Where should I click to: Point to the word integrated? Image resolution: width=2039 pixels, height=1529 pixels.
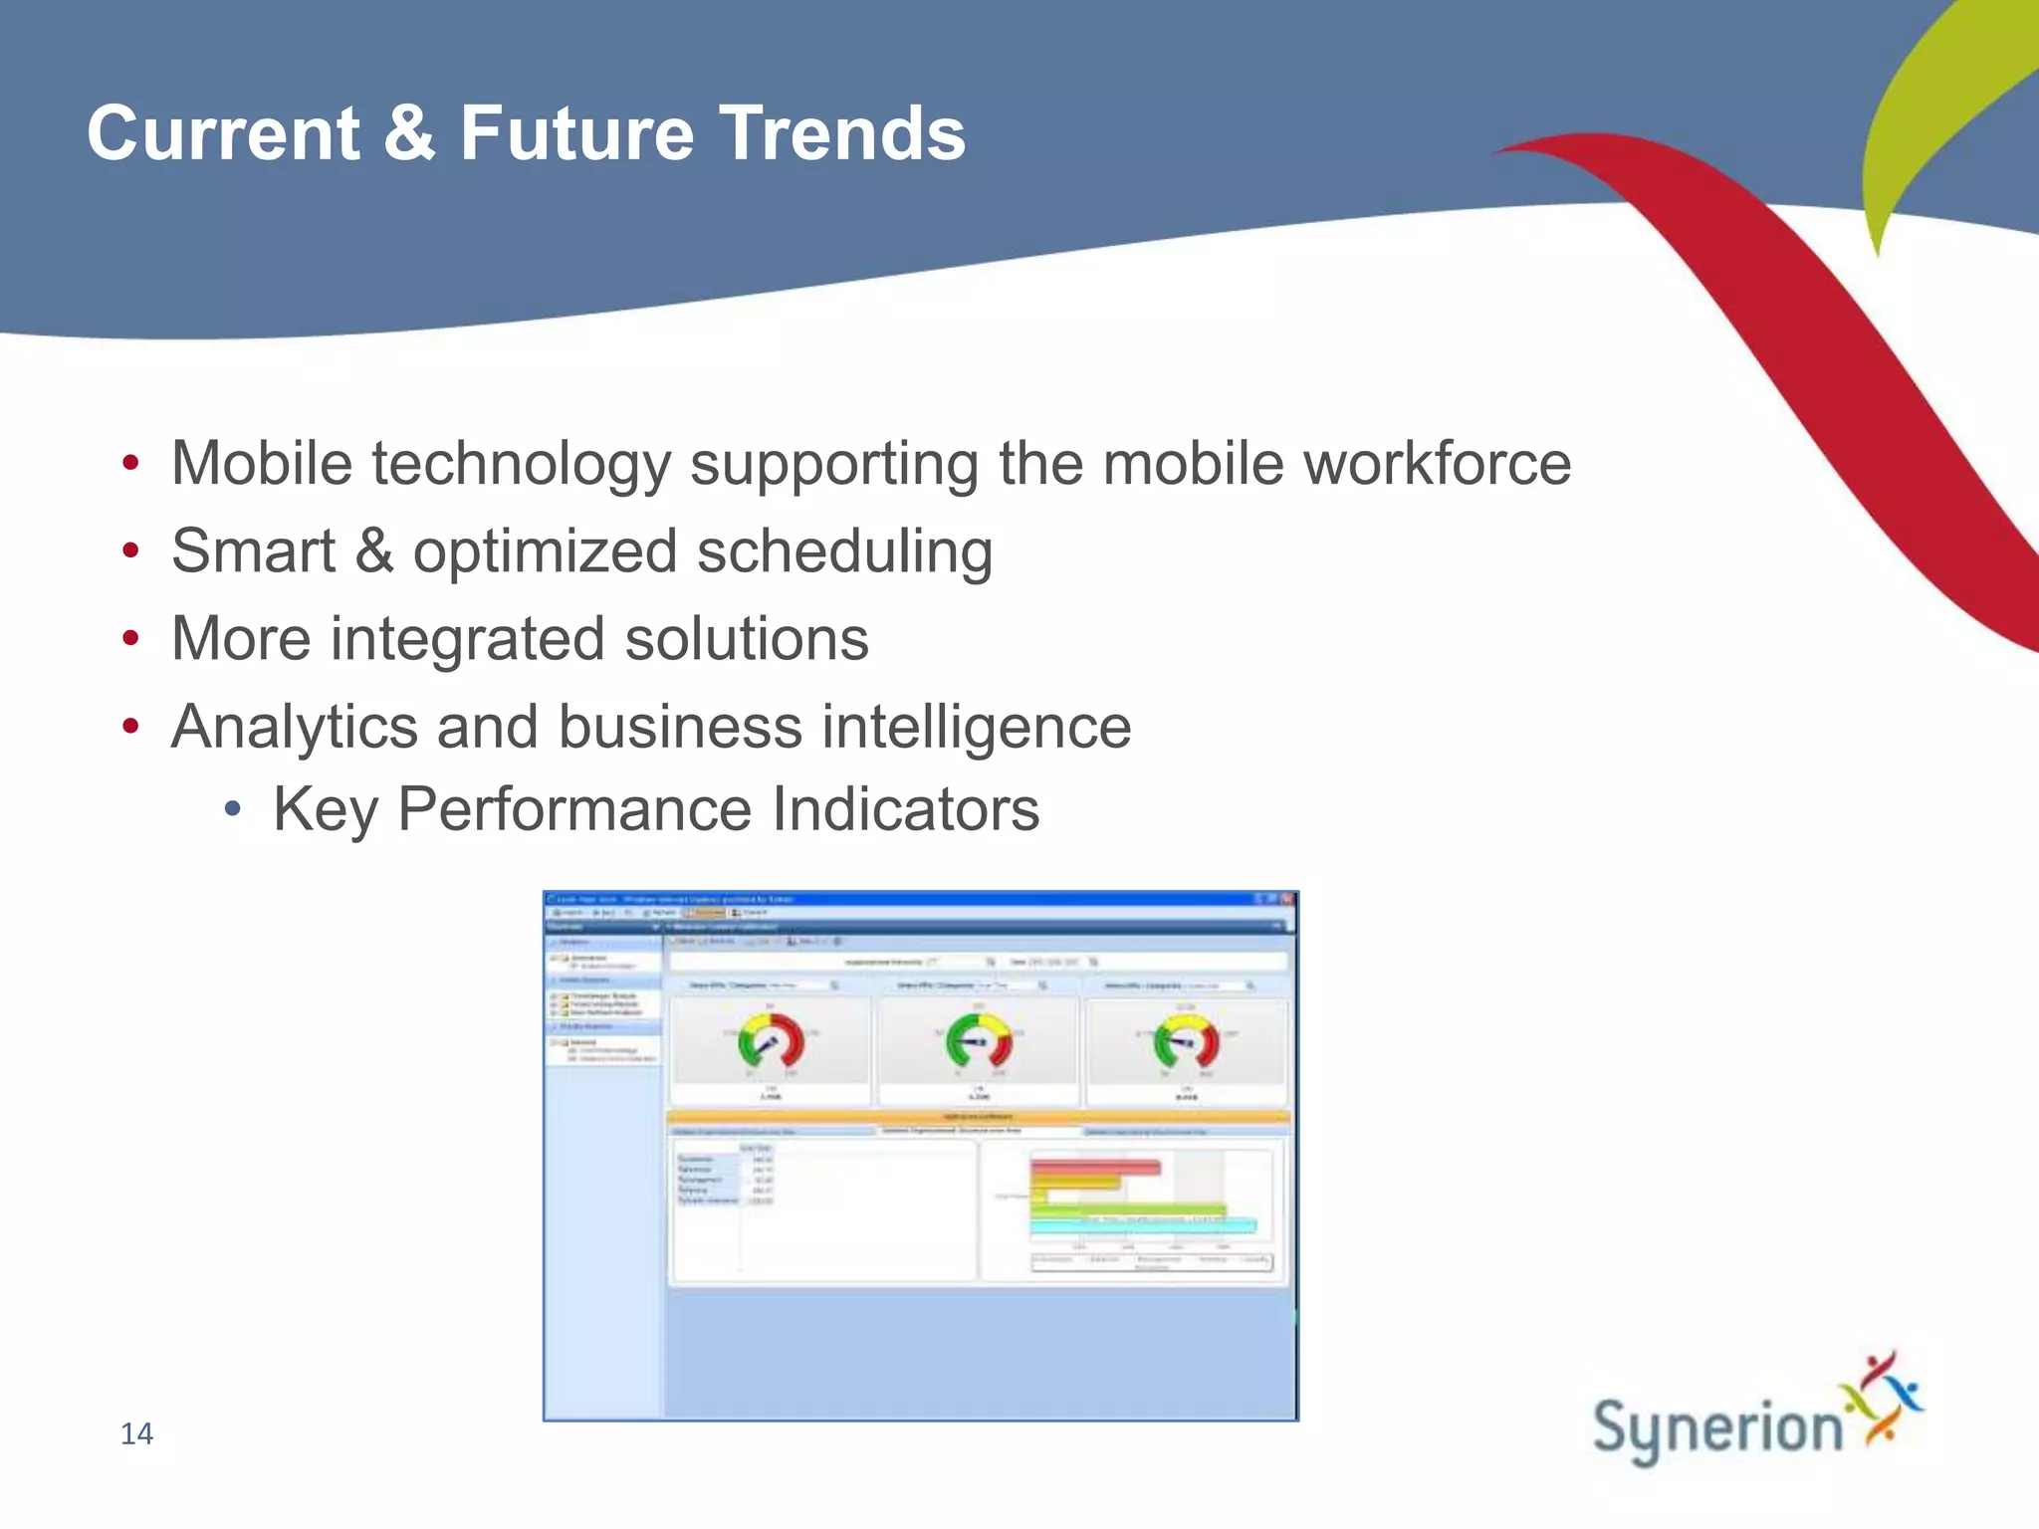point(467,638)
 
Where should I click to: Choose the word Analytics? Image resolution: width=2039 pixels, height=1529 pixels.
point(294,727)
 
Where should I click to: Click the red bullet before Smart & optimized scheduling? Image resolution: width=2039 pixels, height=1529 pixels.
point(130,550)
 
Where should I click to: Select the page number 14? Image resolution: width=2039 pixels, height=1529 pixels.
point(136,1433)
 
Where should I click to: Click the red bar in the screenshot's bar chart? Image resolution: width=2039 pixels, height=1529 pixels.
point(1095,1167)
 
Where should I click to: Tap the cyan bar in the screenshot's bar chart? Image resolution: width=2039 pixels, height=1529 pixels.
point(1142,1226)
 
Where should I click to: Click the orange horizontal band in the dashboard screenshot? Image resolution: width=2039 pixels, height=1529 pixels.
point(979,1117)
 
